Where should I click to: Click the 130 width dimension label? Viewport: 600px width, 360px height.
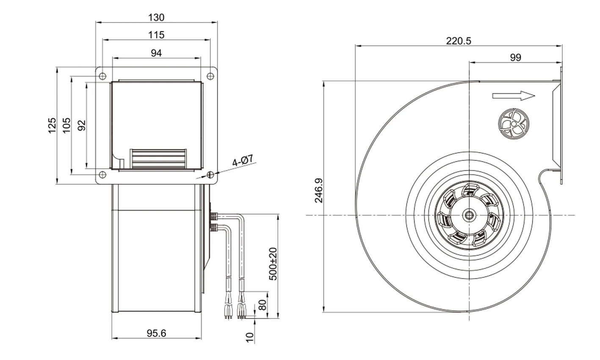(156, 18)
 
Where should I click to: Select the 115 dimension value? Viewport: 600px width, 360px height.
(156, 35)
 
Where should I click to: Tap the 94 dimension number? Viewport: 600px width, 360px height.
(156, 53)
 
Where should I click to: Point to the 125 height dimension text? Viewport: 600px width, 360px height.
(52, 125)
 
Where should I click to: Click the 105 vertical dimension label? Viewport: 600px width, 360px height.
(66, 125)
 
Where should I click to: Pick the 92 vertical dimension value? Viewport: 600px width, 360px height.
(82, 125)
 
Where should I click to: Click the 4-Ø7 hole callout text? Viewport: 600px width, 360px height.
(243, 161)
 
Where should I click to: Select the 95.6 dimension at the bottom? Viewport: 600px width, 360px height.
(156, 333)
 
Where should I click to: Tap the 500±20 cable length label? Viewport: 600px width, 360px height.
(273, 264)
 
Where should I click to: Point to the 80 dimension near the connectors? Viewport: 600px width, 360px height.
(263, 305)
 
